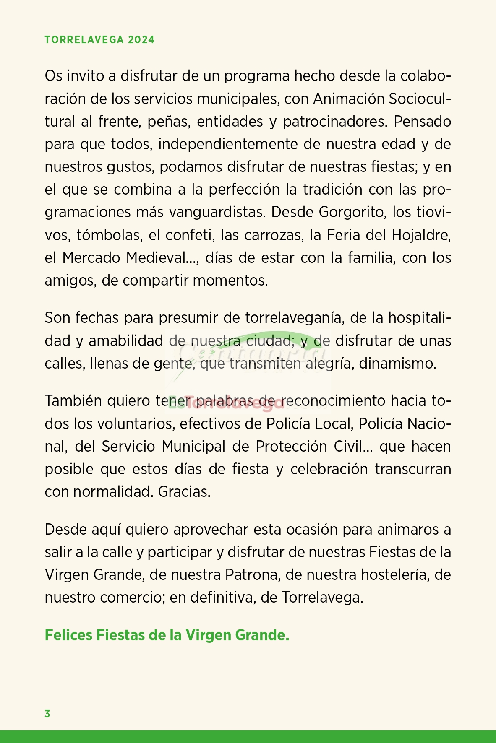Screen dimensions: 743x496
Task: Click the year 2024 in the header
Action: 141,40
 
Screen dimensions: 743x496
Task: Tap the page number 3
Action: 47,714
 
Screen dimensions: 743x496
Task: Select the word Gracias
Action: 184,491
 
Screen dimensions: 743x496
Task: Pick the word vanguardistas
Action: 217,212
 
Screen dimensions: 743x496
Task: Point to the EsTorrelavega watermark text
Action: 227,404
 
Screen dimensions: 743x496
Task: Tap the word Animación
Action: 349,99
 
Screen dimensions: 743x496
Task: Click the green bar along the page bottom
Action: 248,736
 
